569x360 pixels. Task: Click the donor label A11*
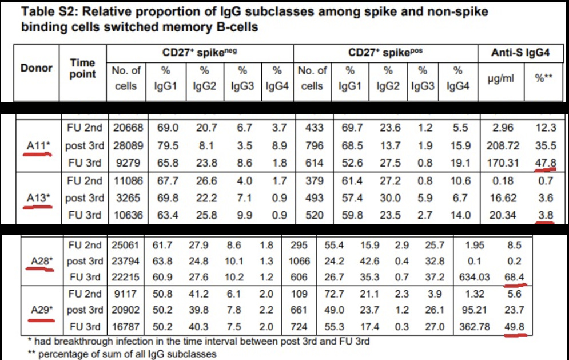(39, 145)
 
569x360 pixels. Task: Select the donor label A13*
(39, 198)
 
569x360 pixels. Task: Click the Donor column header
(37, 68)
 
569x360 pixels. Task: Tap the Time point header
(83, 68)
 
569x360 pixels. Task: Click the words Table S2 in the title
(43, 11)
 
